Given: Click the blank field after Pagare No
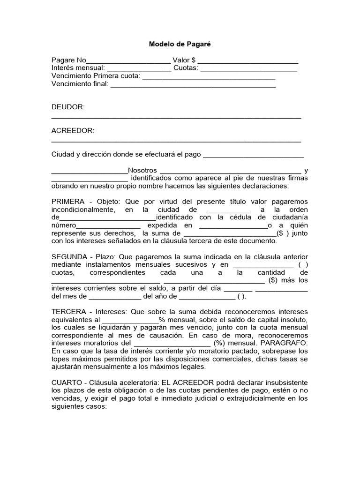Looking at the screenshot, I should click(x=128, y=61).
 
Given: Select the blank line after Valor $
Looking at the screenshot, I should click(x=248, y=61).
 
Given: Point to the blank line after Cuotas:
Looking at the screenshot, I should click(x=248, y=69).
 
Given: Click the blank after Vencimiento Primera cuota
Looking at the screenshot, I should click(x=209, y=77).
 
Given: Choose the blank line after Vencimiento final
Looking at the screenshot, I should click(x=193, y=85).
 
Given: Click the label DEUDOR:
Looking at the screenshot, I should click(x=68, y=107).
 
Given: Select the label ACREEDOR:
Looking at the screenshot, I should click(x=73, y=131).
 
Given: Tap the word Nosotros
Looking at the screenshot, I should click(x=142, y=171).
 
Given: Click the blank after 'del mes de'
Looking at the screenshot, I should click(x=115, y=297).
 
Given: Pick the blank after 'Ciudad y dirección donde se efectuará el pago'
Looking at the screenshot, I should click(x=253, y=155).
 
